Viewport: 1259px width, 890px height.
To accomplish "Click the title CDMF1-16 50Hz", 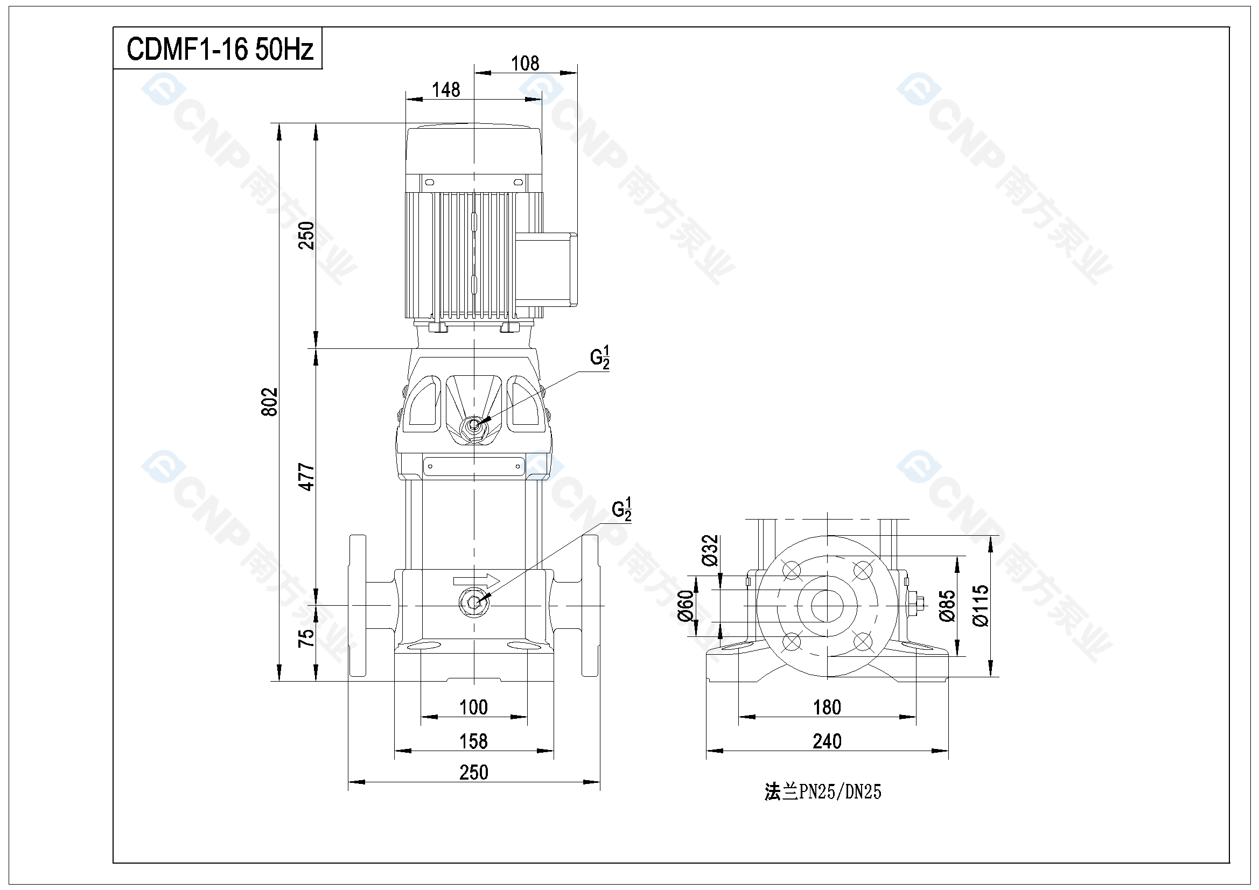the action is pos(220,50).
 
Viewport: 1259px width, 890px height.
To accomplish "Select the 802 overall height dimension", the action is pos(270,402).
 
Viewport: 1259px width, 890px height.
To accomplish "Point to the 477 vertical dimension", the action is pos(306,476).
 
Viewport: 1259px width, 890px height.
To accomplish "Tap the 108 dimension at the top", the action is pos(525,64).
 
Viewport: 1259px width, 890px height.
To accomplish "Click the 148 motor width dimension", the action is pos(446,90).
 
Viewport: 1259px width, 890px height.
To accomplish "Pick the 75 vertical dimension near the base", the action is pos(306,637).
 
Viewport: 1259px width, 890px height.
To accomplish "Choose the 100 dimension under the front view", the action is pos(474,707).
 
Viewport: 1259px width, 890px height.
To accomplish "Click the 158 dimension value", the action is pos(474,741).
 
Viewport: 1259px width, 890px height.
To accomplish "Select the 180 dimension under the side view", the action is pos(827,707).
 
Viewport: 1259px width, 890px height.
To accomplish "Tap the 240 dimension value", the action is pos(827,741).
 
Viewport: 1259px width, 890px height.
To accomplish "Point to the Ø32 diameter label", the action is pos(710,550).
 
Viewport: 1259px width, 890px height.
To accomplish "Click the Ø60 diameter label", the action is pos(686,606).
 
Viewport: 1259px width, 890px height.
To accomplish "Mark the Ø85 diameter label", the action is pos(947,606).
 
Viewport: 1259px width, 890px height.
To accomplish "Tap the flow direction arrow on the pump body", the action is pos(477,581).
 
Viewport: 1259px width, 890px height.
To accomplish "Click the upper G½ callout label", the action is pos(599,358).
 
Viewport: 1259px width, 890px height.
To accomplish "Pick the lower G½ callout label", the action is pos(621,509).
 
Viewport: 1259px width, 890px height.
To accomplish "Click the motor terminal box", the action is pos(546,269).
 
